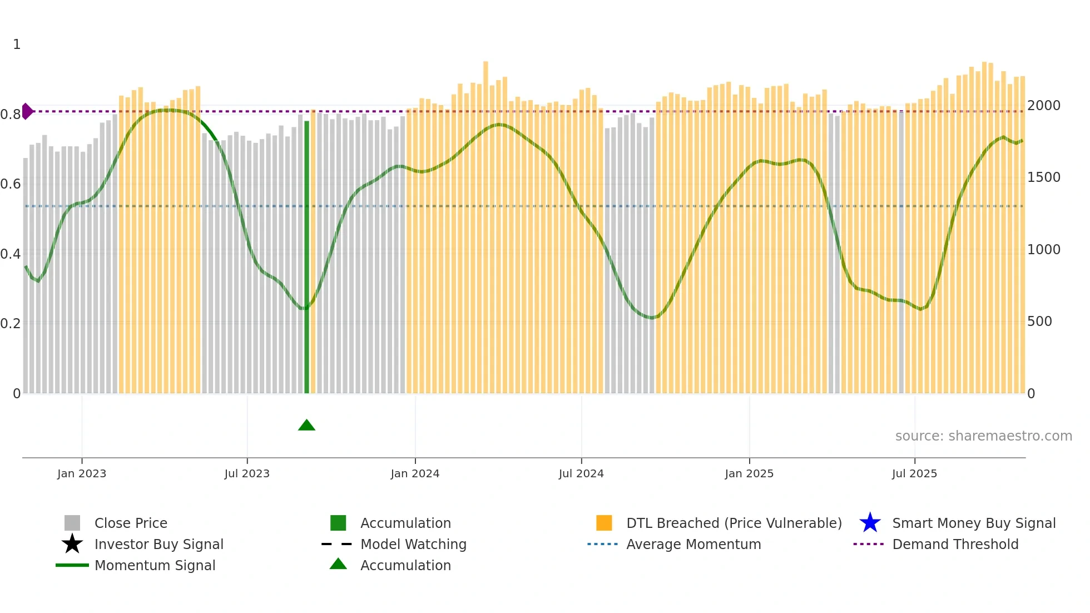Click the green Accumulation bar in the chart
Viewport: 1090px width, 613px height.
(306, 256)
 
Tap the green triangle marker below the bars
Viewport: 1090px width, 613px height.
(306, 426)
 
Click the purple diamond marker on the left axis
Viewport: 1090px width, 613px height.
(27, 111)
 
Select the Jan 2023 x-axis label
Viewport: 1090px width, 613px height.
(82, 474)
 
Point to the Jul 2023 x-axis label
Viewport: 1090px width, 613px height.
(247, 474)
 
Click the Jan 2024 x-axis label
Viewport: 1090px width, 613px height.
(415, 474)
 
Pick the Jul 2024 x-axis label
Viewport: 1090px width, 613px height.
(581, 474)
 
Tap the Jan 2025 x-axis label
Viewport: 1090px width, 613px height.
(749, 474)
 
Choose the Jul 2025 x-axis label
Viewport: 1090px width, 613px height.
(914, 474)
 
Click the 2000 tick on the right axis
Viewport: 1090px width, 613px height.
(1043, 106)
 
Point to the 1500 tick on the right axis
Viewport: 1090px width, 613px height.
(1043, 177)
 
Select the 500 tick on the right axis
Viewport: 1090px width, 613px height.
(1039, 322)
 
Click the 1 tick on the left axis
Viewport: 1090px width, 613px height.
(17, 45)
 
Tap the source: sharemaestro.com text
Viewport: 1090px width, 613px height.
(983, 436)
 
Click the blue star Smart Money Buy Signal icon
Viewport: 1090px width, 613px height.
(870, 523)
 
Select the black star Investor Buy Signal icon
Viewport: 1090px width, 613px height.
(72, 544)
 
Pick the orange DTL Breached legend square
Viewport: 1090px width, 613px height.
(604, 523)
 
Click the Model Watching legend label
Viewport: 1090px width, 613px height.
(413, 544)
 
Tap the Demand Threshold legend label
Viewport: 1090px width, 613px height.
(955, 544)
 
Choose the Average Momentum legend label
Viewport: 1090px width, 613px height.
(693, 544)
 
